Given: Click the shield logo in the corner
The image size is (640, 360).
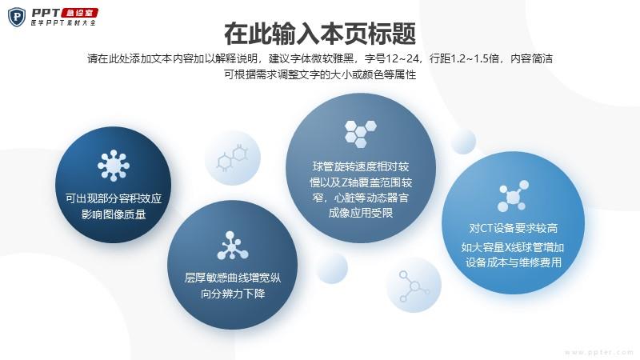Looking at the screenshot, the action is tap(17, 17).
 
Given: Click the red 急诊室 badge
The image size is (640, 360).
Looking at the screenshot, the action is tap(79, 13).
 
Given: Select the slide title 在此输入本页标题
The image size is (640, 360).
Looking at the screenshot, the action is tap(320, 34).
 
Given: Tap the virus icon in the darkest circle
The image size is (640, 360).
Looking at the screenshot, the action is tap(114, 166).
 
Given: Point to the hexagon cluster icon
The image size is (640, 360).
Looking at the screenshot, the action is tap(361, 134).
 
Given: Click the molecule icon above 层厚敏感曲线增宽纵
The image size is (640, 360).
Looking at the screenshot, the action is tap(232, 246).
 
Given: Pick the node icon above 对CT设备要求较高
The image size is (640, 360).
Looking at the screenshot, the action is tap(513, 196).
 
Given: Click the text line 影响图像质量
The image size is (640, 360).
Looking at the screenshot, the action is tap(114, 214).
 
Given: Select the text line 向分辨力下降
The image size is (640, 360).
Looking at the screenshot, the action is tap(233, 294).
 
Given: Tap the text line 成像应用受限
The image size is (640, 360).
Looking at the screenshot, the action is tap(361, 213).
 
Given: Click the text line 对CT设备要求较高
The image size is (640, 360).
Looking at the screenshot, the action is tap(513, 228).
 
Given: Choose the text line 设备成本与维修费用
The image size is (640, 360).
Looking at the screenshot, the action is tap(514, 262).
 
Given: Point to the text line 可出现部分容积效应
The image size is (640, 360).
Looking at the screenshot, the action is tap(114, 198).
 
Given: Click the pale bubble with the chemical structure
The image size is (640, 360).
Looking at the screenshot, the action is tap(233, 158).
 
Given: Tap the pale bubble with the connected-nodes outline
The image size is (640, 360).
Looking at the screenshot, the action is tap(414, 285).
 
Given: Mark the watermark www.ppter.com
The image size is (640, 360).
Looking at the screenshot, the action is tap(598, 352).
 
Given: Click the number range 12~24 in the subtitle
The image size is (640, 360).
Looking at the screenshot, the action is tap(403, 58).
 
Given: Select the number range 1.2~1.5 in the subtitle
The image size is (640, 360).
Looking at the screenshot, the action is tap(475, 58).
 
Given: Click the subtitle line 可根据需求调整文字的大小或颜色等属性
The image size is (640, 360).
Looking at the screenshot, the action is tap(320, 75).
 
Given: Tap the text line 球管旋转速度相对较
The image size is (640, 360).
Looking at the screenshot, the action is tap(361, 166).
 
